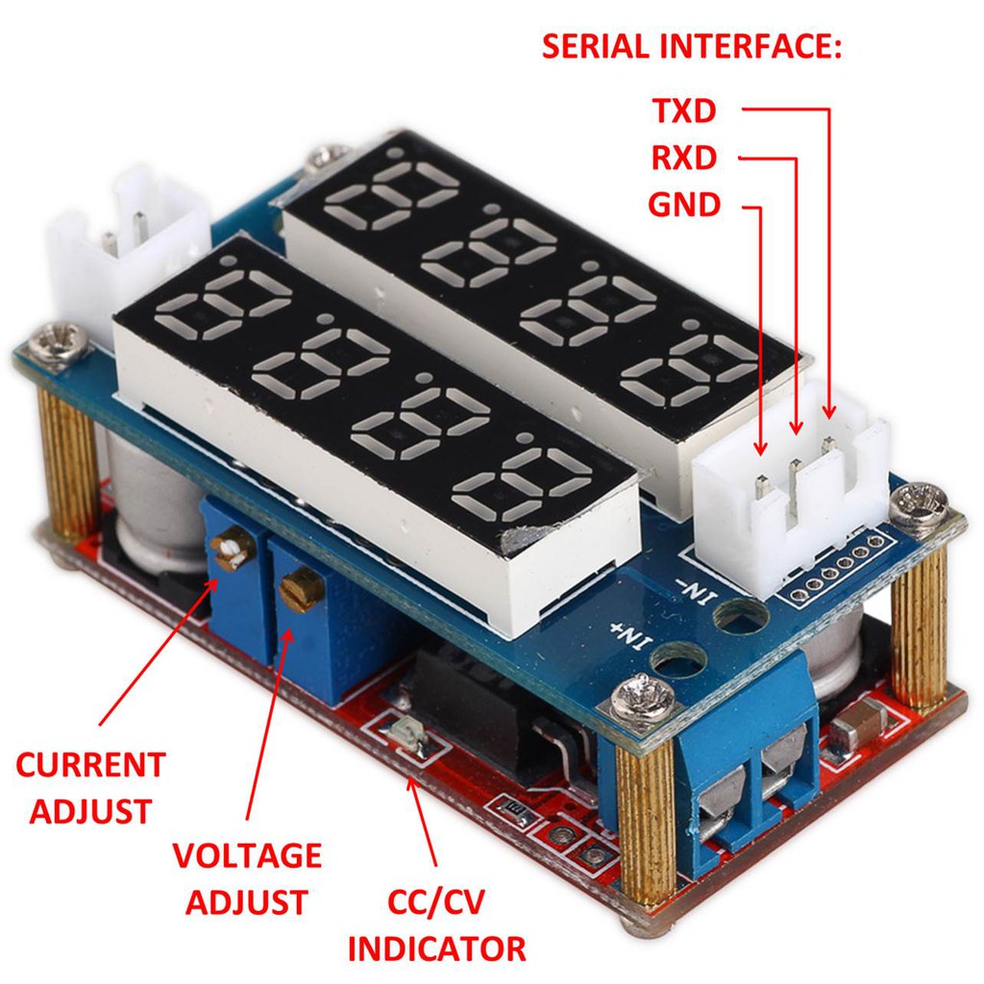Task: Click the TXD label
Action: pos(684,111)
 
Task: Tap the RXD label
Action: pos(684,157)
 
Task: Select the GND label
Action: pos(684,204)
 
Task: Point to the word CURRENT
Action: pos(90,765)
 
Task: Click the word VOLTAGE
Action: pos(247,854)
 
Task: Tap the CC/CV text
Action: pos(436,902)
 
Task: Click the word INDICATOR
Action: pos(436,948)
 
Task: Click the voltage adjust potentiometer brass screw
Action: pos(301,584)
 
